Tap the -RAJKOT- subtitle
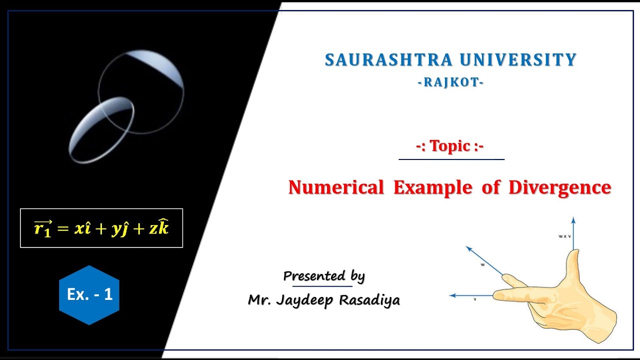click(x=450, y=82)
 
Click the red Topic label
click(x=450, y=146)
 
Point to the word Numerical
click(x=336, y=187)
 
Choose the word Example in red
click(x=432, y=187)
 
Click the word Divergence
click(x=559, y=187)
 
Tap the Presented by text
click(x=324, y=276)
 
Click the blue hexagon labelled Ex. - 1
click(x=89, y=294)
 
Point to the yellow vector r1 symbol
click(x=43, y=228)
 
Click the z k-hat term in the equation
click(x=159, y=228)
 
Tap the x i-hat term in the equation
click(x=82, y=228)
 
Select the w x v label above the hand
click(x=564, y=236)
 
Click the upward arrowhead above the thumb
click(x=573, y=220)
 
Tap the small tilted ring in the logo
click(x=102, y=129)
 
